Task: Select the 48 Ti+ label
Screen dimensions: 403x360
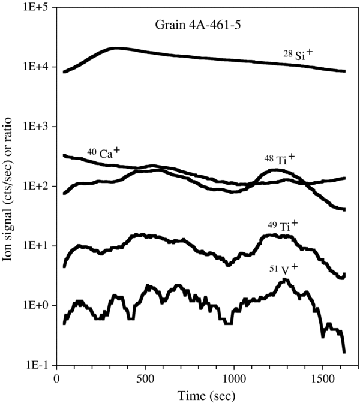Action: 279,160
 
